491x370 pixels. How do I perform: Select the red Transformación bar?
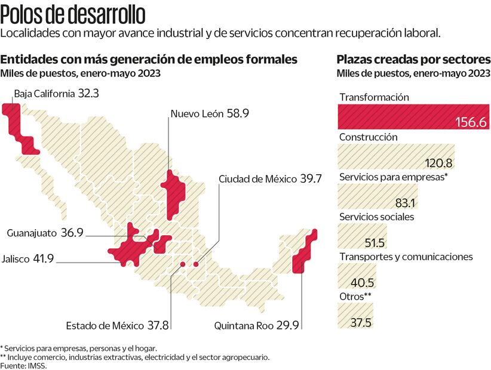413,117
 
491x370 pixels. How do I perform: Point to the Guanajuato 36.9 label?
45,233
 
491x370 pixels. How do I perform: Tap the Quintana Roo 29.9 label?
256,326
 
